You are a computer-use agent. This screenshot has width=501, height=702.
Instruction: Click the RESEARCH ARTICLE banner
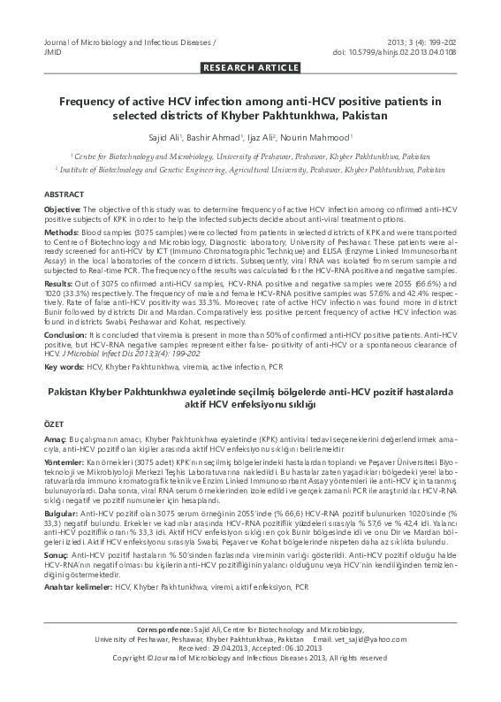tap(250, 67)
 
